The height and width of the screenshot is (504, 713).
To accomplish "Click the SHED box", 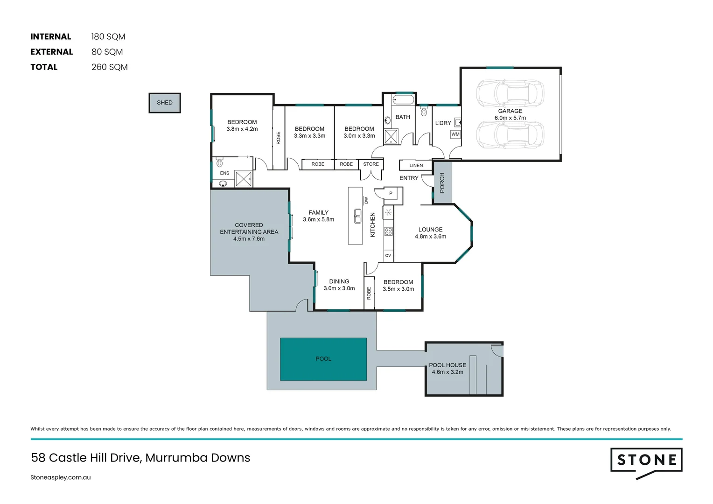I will point(165,103).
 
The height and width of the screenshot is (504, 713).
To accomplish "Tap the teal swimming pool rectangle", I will point(323,359).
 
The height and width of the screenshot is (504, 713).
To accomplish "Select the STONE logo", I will point(646,461).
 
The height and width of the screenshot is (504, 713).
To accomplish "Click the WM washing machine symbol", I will point(455,134).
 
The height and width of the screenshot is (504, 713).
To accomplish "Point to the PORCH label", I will point(442,182).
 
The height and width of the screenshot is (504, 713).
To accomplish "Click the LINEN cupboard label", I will point(416,165).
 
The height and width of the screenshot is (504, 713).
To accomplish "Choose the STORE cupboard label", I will point(371,164).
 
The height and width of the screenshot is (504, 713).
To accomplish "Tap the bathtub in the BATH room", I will point(403,99).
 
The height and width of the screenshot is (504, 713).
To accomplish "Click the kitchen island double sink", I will point(357,216).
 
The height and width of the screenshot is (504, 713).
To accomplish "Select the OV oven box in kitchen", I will point(388,255).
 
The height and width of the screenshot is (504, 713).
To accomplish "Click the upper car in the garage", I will point(510,93).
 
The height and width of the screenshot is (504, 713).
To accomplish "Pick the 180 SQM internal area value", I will point(108,37).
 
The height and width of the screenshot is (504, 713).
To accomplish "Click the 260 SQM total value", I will point(110,67).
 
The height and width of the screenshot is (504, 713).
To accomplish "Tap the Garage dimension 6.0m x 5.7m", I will point(510,118).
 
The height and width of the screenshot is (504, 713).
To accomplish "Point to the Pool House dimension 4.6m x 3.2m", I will point(447,372).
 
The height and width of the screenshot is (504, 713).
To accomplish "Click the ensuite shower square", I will point(244,179).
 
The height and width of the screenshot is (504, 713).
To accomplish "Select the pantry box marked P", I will point(391,193).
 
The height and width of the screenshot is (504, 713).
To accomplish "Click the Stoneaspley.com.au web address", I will point(61,477).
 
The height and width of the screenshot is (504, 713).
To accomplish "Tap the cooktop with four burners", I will point(388,231).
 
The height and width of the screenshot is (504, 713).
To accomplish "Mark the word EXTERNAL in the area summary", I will point(52,52).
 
